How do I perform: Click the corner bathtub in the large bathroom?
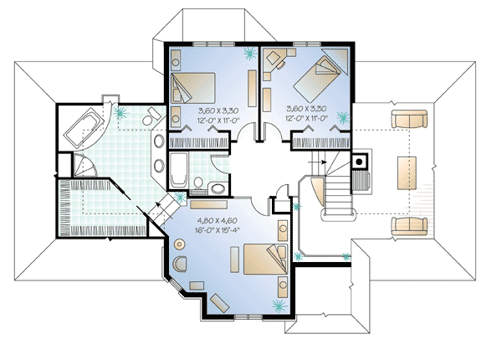(x=84, y=128)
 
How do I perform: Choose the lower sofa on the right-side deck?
(x=408, y=224)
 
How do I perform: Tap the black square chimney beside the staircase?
(x=359, y=159)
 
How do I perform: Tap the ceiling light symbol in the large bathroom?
(x=121, y=111)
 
